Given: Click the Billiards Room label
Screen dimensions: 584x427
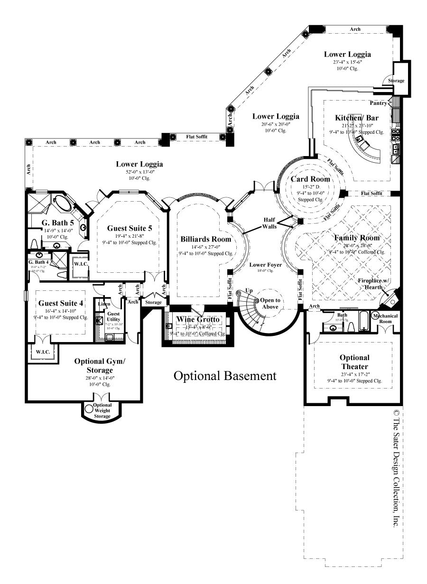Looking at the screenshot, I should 205,239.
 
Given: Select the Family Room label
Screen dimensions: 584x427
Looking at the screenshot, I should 357,238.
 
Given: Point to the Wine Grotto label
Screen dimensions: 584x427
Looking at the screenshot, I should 198,319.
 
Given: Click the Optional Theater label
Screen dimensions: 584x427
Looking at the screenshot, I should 354,362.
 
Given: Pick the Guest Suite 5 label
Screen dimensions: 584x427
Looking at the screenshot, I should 130,228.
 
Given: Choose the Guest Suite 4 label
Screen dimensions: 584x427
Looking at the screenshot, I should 61,303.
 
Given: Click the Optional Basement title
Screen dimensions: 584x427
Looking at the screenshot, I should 224,376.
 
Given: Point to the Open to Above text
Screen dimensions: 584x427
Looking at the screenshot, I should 270,303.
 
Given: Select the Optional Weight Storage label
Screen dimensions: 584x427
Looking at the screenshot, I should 102,410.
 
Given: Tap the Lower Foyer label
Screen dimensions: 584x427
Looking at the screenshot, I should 266,265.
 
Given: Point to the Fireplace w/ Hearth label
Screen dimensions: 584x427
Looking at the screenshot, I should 373,284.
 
